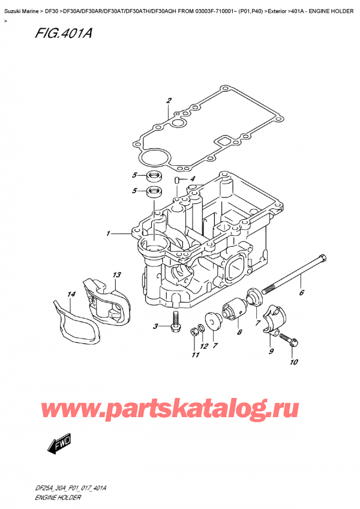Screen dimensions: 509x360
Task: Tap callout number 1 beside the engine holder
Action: point(109,233)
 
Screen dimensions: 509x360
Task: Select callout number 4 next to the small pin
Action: point(192,179)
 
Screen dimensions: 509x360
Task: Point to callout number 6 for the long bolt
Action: point(302,293)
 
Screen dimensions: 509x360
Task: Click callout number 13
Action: point(116,275)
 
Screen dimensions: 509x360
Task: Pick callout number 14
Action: point(71,294)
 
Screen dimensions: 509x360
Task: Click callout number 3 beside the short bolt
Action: point(155,327)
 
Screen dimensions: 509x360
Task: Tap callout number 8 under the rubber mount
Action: point(239,332)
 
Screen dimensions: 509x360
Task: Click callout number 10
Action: point(293,362)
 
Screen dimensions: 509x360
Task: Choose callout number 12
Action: point(204,346)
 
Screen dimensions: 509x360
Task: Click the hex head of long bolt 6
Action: point(323,260)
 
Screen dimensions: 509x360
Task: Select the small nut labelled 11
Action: point(195,330)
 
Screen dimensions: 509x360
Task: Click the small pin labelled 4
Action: point(178,179)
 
